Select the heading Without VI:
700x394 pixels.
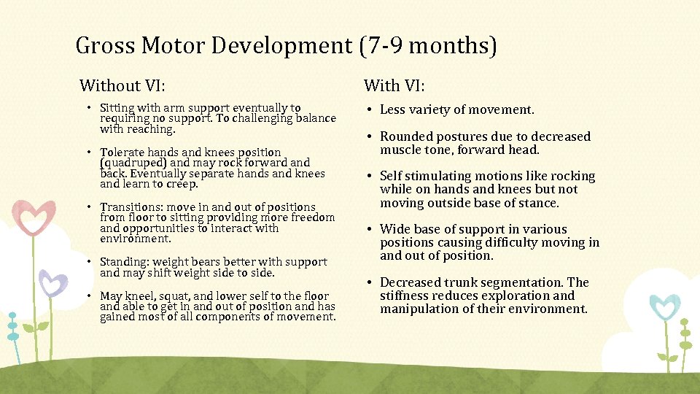click(122, 86)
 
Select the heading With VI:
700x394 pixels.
click(394, 86)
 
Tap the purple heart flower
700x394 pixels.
click(52, 283)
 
